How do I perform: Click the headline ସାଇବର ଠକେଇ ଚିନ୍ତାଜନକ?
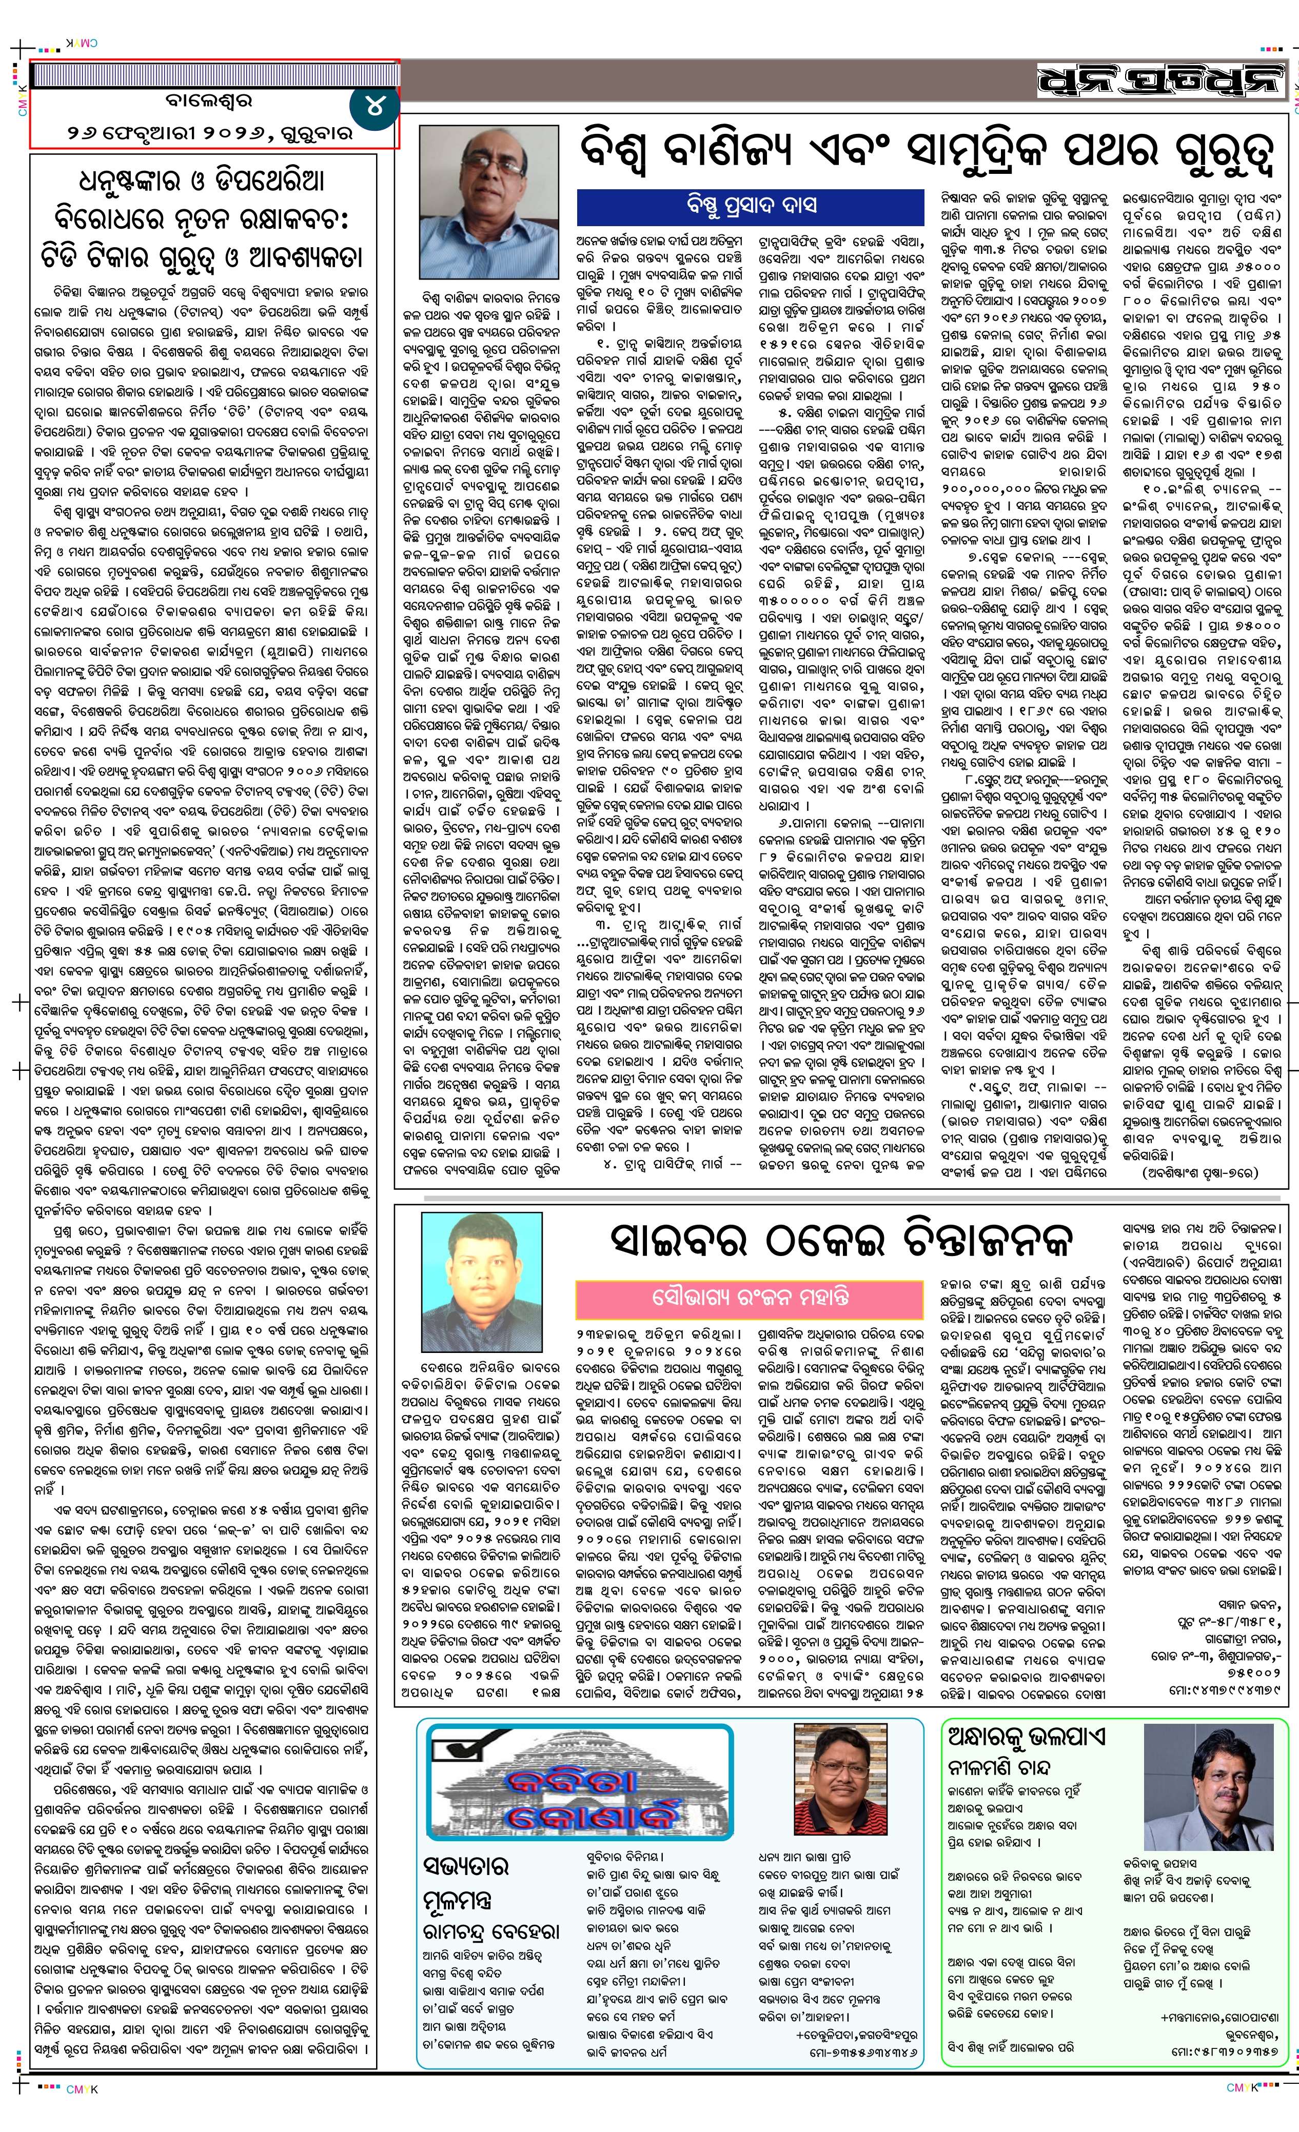pyautogui.click(x=838, y=1241)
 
